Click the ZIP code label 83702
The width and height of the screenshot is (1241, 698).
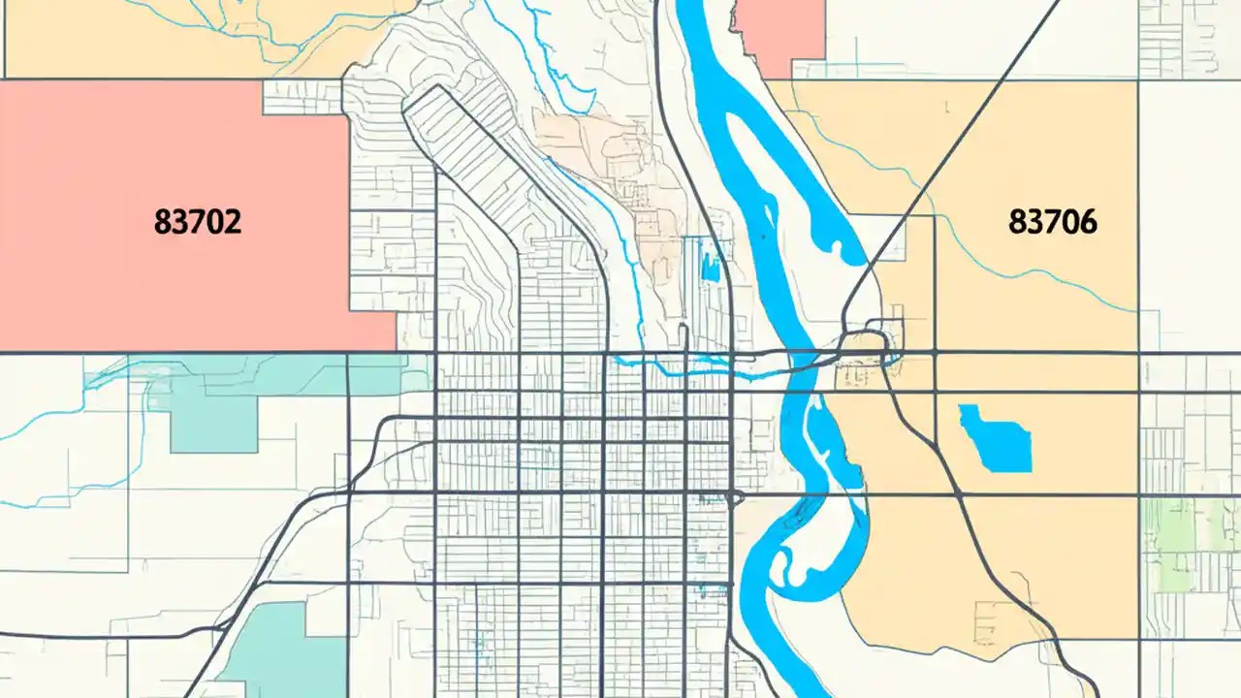click(x=197, y=222)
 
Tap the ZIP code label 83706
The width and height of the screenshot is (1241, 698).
click(x=1053, y=222)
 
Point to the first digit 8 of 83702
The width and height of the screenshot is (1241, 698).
click(x=161, y=222)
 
